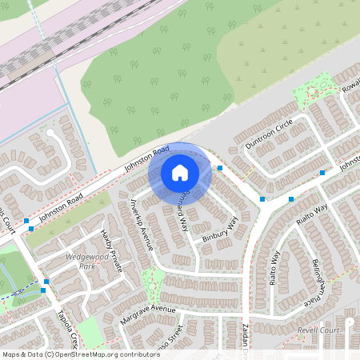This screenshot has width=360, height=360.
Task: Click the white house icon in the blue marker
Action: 180,172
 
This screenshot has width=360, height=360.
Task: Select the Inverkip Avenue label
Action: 142,224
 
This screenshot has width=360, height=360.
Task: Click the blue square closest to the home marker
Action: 219,168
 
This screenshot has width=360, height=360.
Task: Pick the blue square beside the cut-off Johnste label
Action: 322,172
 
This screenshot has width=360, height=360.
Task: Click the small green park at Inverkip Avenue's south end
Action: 152,279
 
